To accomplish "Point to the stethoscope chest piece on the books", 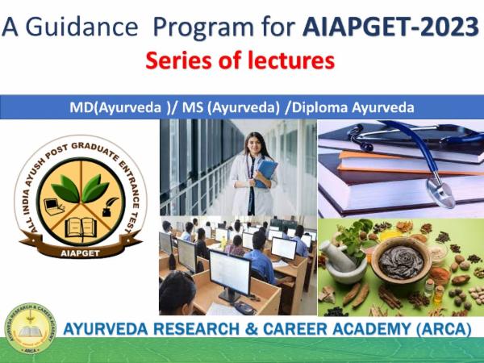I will [x=440, y=194].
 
